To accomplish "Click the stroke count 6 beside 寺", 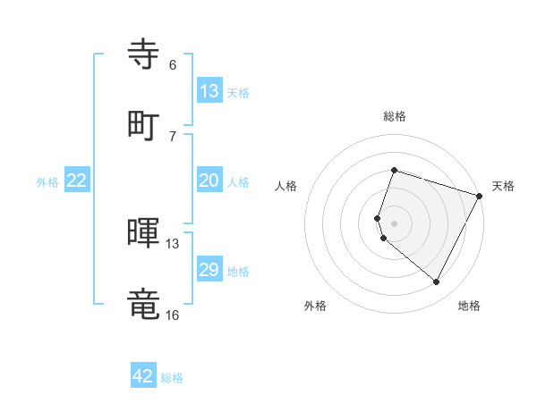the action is tap(173, 65).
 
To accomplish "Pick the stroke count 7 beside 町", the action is tap(173, 136).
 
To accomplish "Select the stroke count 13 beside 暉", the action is tap(173, 244).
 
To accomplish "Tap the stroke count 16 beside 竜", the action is tap(173, 315).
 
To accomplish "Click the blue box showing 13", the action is tap(209, 91).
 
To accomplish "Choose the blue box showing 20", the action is tap(209, 181).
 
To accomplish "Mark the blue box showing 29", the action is tap(209, 270).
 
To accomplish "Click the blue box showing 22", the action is tap(77, 181).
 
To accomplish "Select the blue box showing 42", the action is tap(143, 376).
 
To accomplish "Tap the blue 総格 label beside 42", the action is tap(172, 378).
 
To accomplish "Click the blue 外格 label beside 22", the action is tap(47, 182).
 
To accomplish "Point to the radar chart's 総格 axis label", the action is tap(395, 116).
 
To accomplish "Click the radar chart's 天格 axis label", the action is tap(503, 186).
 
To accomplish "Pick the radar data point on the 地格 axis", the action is tap(437, 282).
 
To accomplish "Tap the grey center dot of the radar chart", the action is tap(395, 223).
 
